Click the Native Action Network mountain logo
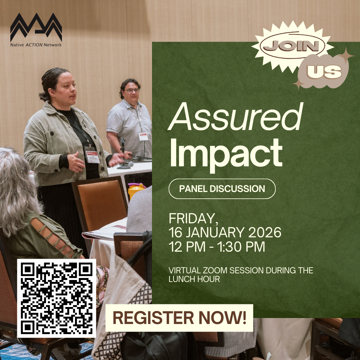[36, 27]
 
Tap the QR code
[57, 298]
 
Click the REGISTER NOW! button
[179, 318]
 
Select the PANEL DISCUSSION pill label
[222, 189]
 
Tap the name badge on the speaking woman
[92, 154]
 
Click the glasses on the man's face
[132, 90]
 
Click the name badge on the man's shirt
[143, 136]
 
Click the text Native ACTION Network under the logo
[36, 45]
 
